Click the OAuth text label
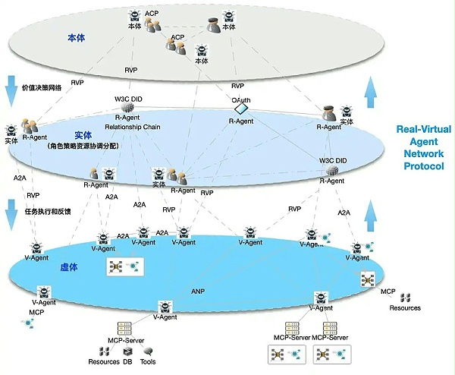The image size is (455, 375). click(241, 99)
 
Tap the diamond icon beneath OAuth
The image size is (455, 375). click(241, 112)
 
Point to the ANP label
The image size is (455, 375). click(198, 291)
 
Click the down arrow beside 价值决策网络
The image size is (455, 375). click(11, 90)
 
